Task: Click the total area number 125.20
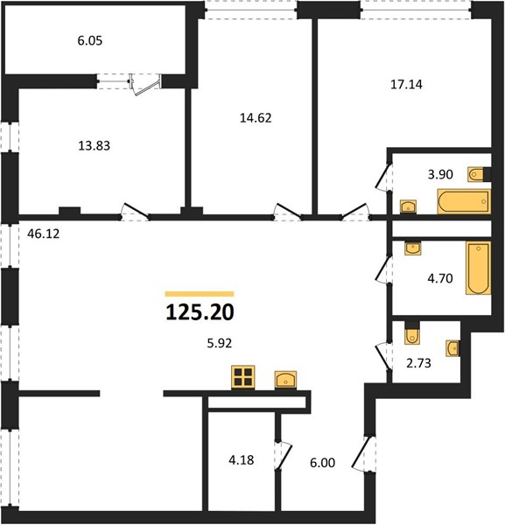pyautogui.click(x=200, y=312)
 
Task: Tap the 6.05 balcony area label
pyautogui.click(x=90, y=41)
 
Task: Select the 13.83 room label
pyautogui.click(x=95, y=145)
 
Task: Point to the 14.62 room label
pyautogui.click(x=256, y=118)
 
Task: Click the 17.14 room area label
pyautogui.click(x=406, y=84)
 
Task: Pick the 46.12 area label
pyautogui.click(x=44, y=234)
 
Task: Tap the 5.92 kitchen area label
pyautogui.click(x=220, y=343)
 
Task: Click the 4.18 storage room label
pyautogui.click(x=241, y=460)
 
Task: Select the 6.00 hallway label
pyautogui.click(x=322, y=463)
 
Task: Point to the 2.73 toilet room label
pyautogui.click(x=418, y=363)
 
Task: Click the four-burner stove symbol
pyautogui.click(x=243, y=377)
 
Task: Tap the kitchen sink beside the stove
pyautogui.click(x=285, y=380)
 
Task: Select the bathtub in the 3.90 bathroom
pyautogui.click(x=464, y=201)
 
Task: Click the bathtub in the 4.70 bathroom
pyautogui.click(x=478, y=269)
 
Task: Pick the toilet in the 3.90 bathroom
pyautogui.click(x=476, y=174)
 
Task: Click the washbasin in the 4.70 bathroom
pyautogui.click(x=413, y=248)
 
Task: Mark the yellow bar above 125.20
pyautogui.click(x=200, y=294)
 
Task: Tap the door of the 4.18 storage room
pyautogui.click(x=284, y=456)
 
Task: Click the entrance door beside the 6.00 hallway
pyautogui.click(x=362, y=453)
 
